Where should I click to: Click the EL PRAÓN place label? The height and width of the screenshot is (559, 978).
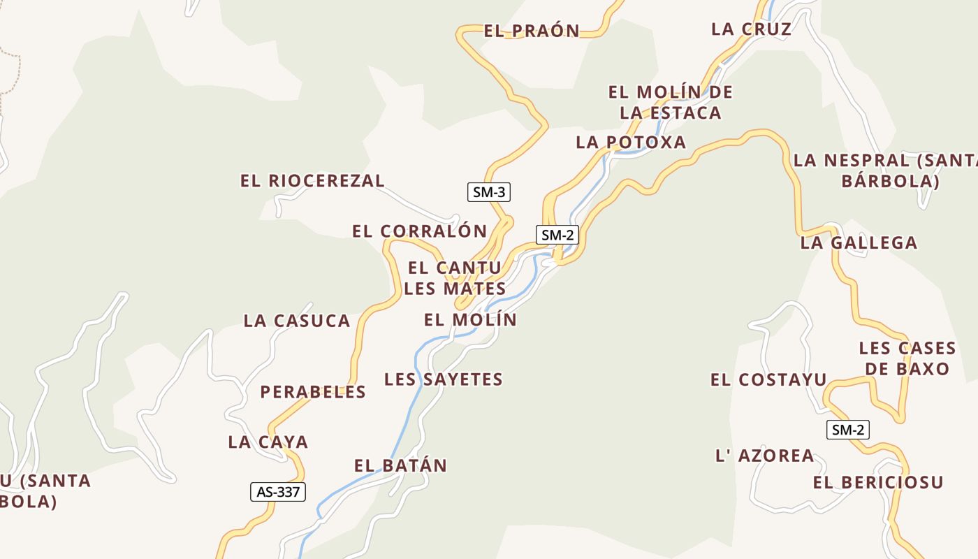532,31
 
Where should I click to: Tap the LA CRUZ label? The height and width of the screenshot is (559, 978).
751,29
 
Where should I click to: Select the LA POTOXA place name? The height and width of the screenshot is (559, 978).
631,143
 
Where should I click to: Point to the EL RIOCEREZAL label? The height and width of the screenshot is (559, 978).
312,181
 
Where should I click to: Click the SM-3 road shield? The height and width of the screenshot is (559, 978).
488,192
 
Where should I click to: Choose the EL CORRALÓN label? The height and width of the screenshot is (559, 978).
419,231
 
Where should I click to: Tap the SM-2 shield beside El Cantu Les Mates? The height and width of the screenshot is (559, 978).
557,235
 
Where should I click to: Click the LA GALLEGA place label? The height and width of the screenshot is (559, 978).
859,243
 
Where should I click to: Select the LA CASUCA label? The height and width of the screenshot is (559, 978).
297,321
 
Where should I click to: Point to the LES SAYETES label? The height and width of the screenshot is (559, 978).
444,379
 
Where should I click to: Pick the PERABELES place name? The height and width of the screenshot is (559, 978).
313,392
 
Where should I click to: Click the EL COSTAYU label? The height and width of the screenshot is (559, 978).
768,380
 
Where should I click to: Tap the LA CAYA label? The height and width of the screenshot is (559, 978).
268,442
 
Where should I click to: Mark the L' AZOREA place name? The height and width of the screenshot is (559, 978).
765,456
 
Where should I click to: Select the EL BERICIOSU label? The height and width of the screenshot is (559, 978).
878,482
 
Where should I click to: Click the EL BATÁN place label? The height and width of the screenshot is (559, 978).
400,466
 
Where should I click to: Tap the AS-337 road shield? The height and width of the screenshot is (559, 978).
278,492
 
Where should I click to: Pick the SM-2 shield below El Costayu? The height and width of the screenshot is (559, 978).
848,430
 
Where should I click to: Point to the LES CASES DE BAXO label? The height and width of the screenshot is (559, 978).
907,358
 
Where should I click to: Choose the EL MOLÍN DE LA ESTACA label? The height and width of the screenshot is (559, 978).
670,102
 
